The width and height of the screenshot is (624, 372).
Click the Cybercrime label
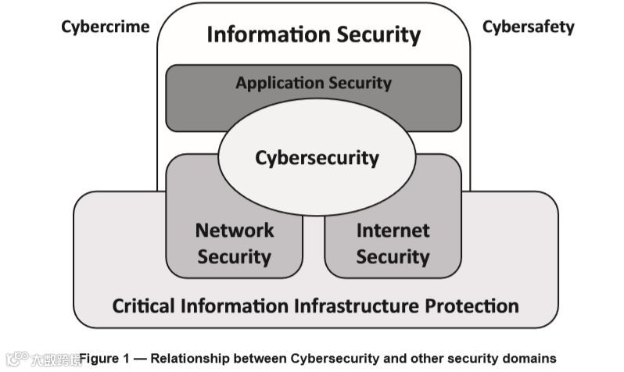point(105,27)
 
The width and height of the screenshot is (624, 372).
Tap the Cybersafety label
point(528,27)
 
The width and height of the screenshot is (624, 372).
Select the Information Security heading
point(313,35)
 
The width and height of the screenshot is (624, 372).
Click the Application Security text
point(314,83)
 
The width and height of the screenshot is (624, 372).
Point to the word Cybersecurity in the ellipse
point(317,158)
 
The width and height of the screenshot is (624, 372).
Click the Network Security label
point(235,243)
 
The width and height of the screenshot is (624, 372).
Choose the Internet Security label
point(393,243)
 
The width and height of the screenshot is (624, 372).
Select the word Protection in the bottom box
point(473,305)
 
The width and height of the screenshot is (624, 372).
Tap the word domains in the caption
point(529,359)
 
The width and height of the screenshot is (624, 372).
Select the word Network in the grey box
point(235,231)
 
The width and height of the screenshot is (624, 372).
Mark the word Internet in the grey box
point(393,231)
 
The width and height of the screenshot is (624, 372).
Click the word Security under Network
point(235,257)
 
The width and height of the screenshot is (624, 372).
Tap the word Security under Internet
point(393,257)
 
